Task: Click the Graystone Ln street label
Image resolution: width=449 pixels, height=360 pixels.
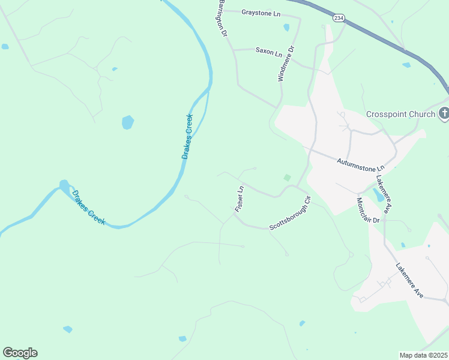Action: pos(261,12)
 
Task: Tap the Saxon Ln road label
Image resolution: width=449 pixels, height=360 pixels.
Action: pos(268,52)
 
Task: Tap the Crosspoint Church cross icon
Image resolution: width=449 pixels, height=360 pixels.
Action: pos(444,113)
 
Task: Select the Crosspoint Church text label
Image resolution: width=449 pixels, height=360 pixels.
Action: pos(400,114)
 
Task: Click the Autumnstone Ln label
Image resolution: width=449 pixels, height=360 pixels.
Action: pos(360,162)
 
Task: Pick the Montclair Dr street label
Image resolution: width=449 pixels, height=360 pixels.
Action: pos(369,211)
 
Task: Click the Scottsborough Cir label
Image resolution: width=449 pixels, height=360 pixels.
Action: pos(290,214)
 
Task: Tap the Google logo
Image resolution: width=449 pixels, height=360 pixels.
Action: pos(20,353)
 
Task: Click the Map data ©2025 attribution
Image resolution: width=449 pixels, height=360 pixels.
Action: pos(423,355)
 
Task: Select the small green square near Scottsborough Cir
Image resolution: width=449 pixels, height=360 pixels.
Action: pos(287,178)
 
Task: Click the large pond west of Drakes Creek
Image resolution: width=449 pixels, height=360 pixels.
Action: pos(127,122)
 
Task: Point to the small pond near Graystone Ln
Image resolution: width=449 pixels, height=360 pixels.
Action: pos(286,27)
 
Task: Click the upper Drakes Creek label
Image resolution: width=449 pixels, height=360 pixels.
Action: pos(188,136)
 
